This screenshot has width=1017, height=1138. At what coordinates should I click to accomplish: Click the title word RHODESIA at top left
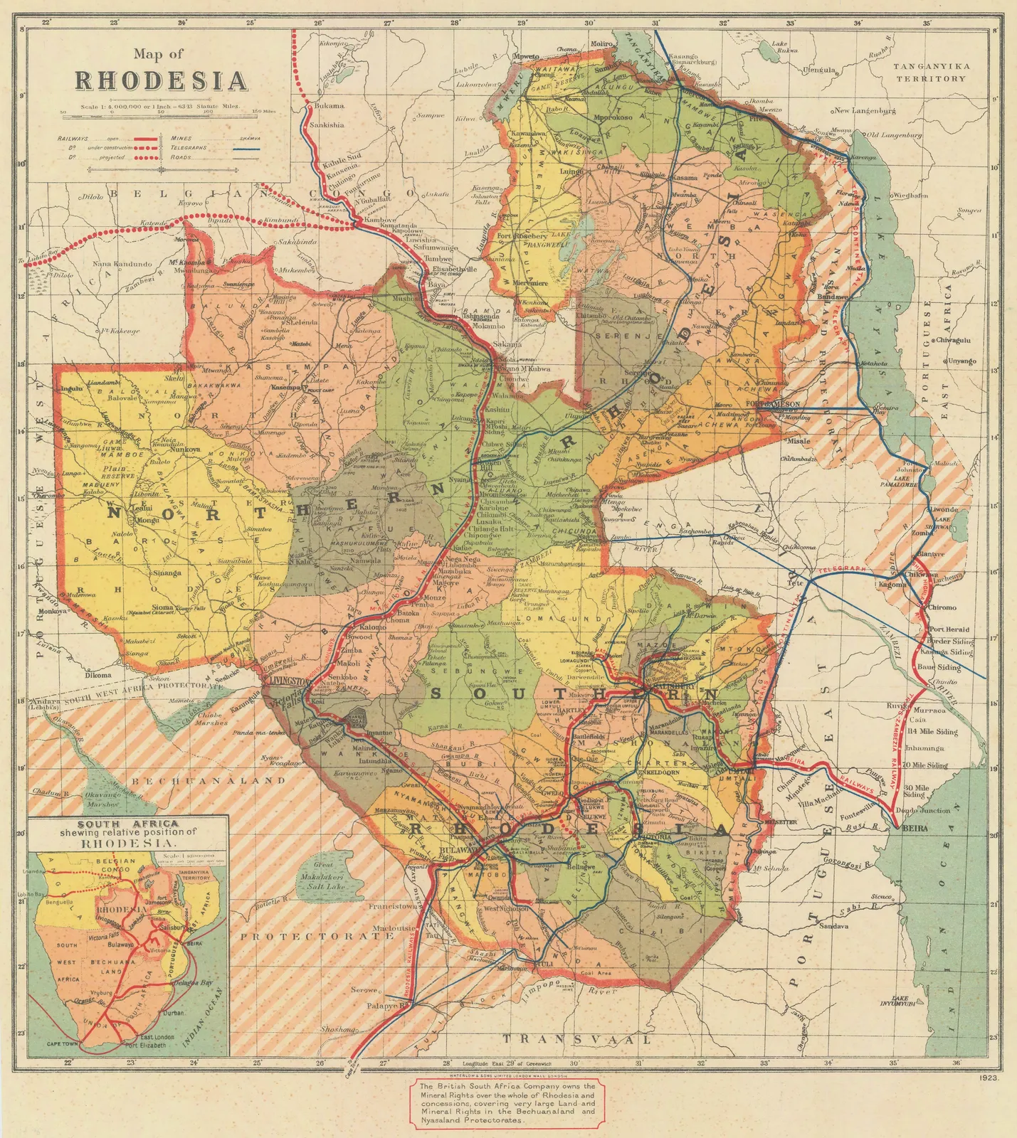click(161, 80)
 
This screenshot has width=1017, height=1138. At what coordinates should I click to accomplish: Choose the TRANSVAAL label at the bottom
click(576, 1039)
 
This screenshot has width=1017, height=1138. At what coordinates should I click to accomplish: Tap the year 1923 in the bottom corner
click(989, 1078)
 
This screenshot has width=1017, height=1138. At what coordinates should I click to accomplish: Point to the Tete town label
click(795, 583)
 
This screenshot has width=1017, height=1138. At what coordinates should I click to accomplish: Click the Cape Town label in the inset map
click(63, 1044)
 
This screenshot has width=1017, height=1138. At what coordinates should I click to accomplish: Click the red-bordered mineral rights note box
click(507, 1102)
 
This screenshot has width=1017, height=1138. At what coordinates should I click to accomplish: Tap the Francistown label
click(392, 907)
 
